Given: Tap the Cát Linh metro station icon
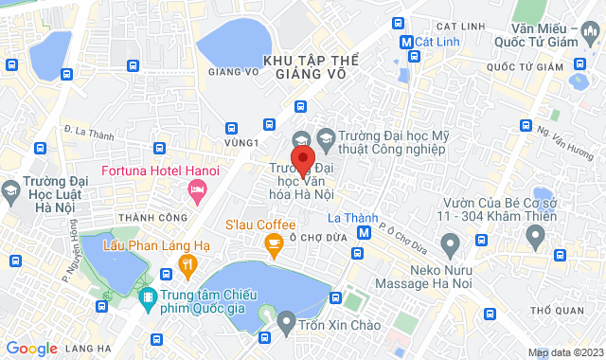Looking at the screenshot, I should tap(406, 43).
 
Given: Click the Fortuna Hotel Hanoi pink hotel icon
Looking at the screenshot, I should tap(198, 192).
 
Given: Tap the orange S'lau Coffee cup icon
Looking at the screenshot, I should tap(274, 246).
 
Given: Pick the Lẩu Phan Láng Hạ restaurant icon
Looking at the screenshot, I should tap(187, 266).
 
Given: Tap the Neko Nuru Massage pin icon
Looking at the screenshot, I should tap(450, 247).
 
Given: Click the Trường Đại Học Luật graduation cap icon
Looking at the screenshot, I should tap(12, 190).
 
